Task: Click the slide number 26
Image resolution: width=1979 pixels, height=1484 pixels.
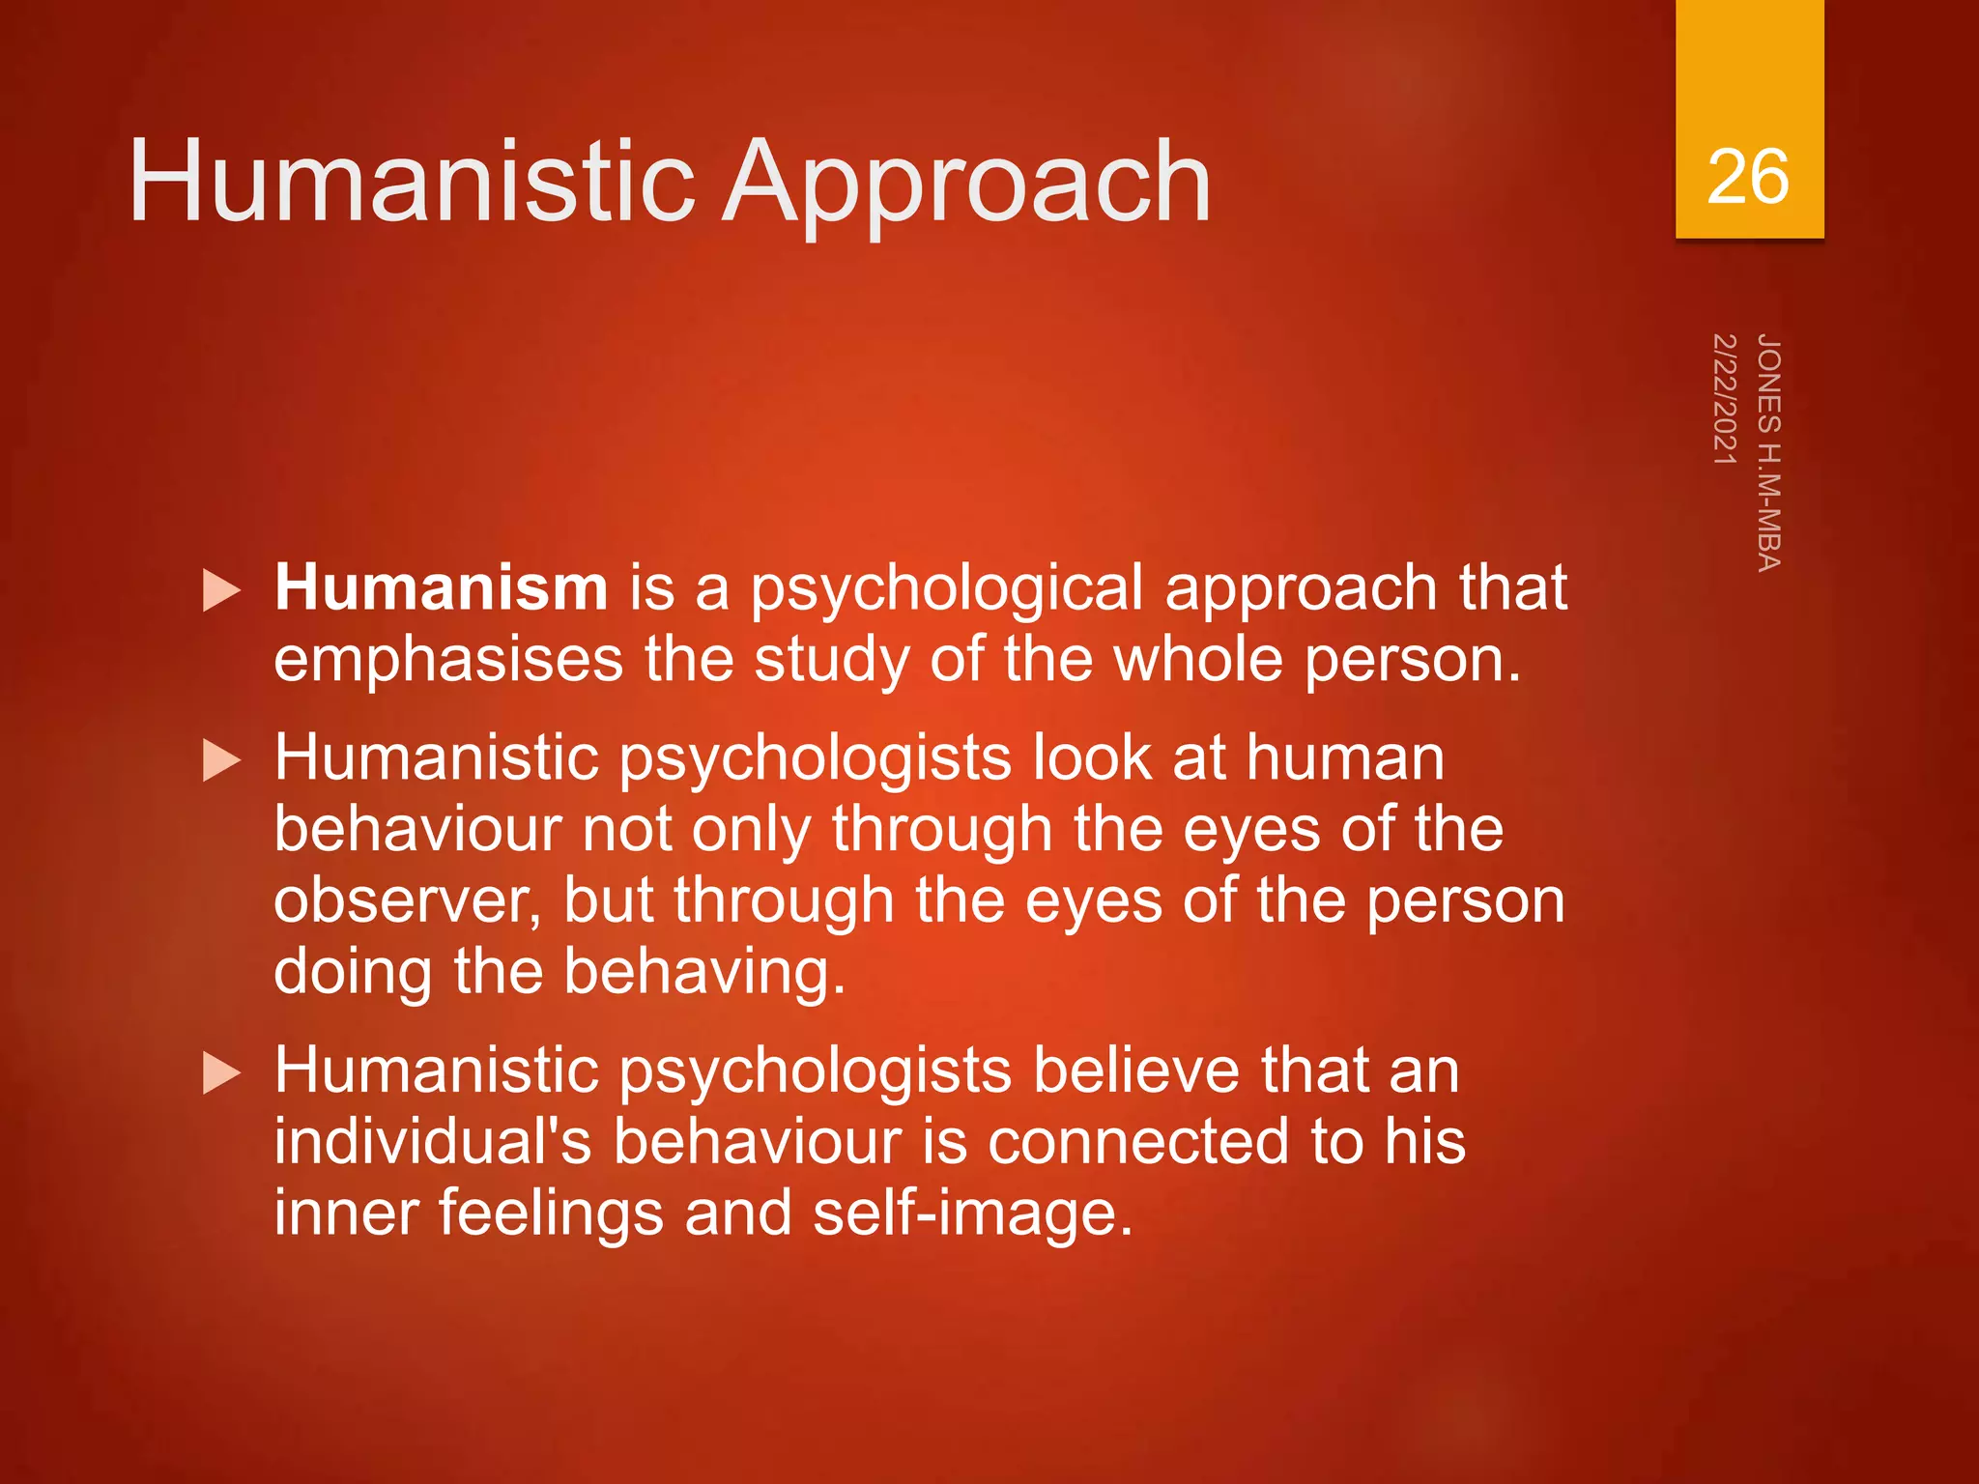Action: point(1747,177)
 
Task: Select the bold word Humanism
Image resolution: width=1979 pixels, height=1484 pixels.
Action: point(441,587)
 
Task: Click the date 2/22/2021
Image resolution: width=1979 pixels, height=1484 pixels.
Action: point(1725,399)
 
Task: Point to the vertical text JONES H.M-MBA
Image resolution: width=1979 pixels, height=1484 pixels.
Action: point(1768,452)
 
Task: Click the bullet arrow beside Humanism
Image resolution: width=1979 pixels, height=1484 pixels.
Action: point(222,590)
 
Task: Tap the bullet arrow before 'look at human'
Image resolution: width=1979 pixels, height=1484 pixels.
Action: point(222,761)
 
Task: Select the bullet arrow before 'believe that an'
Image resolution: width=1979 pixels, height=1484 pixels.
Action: point(222,1074)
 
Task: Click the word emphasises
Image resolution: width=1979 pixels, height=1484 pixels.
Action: point(448,660)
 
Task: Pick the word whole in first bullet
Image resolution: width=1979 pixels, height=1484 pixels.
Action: point(1198,660)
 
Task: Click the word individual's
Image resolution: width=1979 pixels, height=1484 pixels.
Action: point(432,1142)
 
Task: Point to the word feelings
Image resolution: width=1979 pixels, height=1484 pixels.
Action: point(551,1213)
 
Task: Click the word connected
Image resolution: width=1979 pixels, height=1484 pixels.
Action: point(1137,1142)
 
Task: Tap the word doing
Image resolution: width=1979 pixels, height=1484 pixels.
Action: point(352,972)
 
